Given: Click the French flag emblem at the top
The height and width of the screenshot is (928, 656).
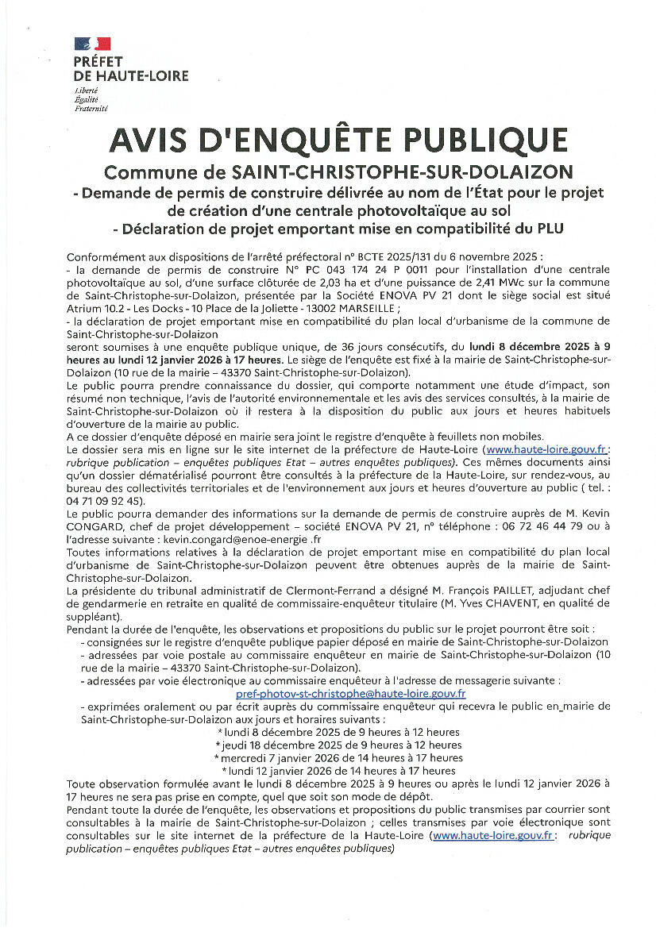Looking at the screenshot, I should coord(92,45).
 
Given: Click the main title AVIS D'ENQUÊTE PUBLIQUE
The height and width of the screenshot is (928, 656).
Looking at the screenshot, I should coord(339,141).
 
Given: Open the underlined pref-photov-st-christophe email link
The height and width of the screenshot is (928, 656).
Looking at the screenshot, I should coord(351,692).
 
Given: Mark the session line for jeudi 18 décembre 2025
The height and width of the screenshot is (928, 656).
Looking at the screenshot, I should coord(339,745).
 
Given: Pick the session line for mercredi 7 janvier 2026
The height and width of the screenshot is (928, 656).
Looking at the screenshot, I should coord(339,757).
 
